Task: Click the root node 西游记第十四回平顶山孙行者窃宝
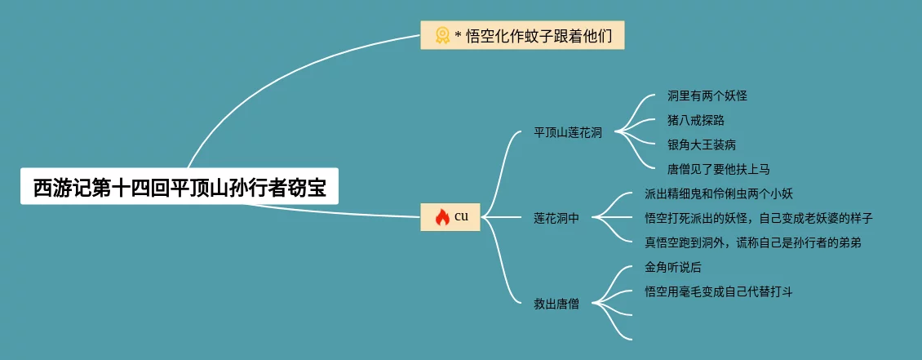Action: pos(179,188)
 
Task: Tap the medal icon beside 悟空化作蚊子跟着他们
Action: pos(442,35)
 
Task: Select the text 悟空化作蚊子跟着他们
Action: pos(539,35)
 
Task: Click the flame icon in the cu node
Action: pos(442,216)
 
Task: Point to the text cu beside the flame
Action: pos(462,216)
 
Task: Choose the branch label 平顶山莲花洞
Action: pos(568,132)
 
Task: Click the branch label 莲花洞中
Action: pos(556,218)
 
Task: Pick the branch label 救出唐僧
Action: pos(556,304)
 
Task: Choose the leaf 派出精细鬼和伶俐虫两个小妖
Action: pos(719,193)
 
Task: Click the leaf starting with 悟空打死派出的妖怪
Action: pos(759,218)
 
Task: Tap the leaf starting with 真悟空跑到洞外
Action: pos(753,242)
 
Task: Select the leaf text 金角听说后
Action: pos(673,267)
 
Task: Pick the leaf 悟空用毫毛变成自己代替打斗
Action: pos(719,291)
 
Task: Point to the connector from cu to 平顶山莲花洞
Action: pos(508,163)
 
